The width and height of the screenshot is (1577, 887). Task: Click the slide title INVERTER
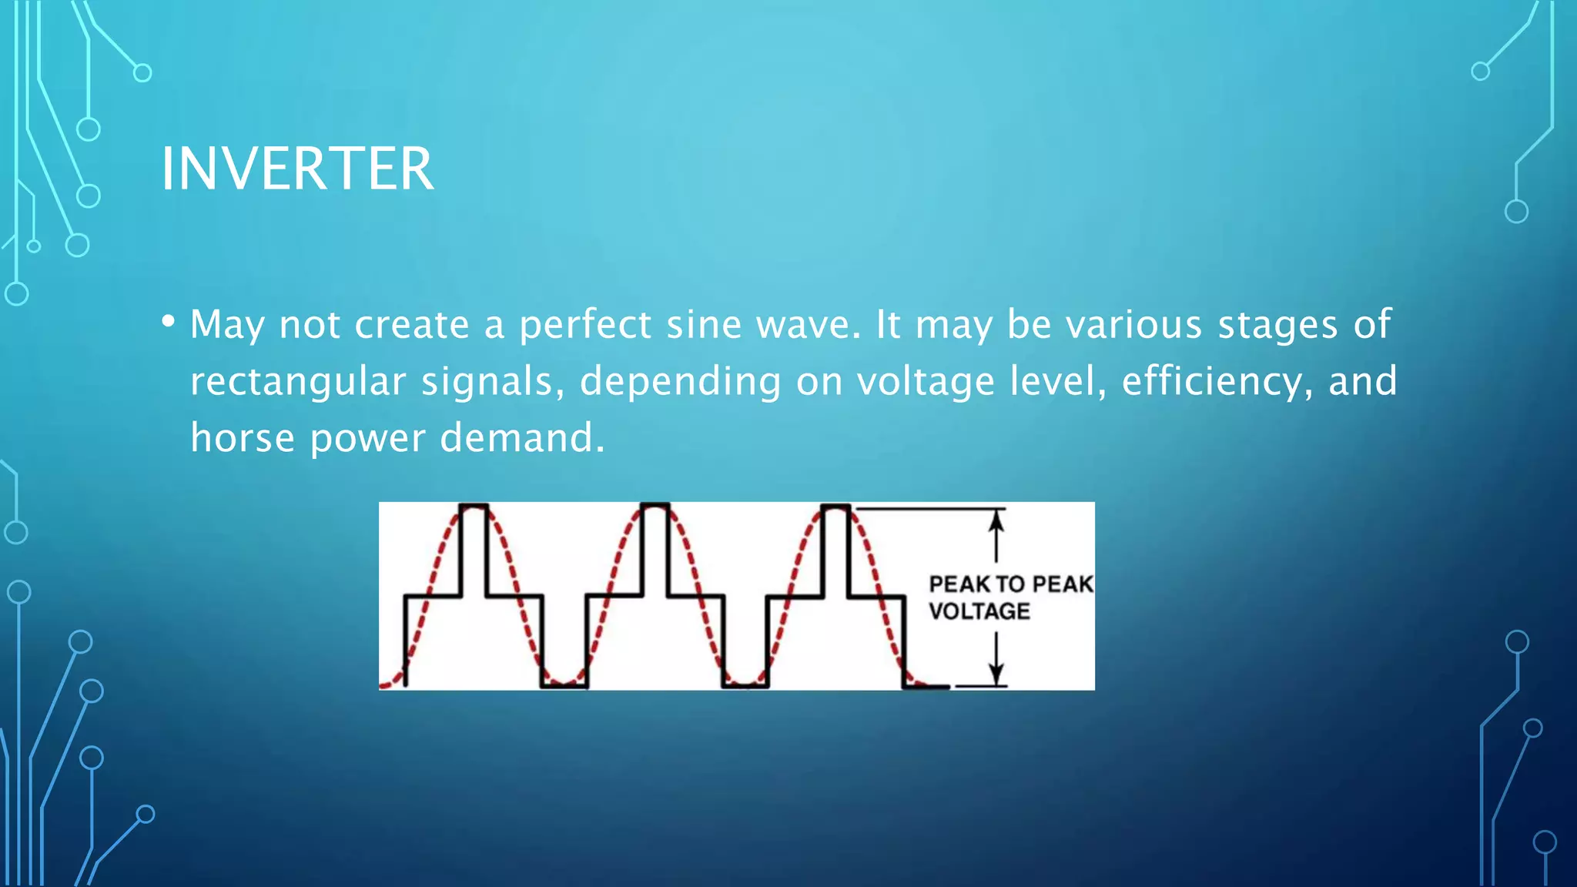click(x=297, y=169)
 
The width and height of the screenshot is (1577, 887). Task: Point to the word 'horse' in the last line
click(x=243, y=438)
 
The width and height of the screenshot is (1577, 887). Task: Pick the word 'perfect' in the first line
click(x=585, y=324)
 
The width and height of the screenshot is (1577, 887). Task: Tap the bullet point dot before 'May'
click(x=168, y=320)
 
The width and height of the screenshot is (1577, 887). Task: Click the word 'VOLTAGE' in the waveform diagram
click(x=979, y=611)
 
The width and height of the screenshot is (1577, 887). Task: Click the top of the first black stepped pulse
click(x=474, y=506)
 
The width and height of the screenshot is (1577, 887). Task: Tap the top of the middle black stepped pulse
click(x=655, y=506)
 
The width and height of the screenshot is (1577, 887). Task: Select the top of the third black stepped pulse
click(x=835, y=506)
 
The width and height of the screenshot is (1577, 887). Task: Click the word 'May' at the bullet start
click(x=227, y=324)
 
